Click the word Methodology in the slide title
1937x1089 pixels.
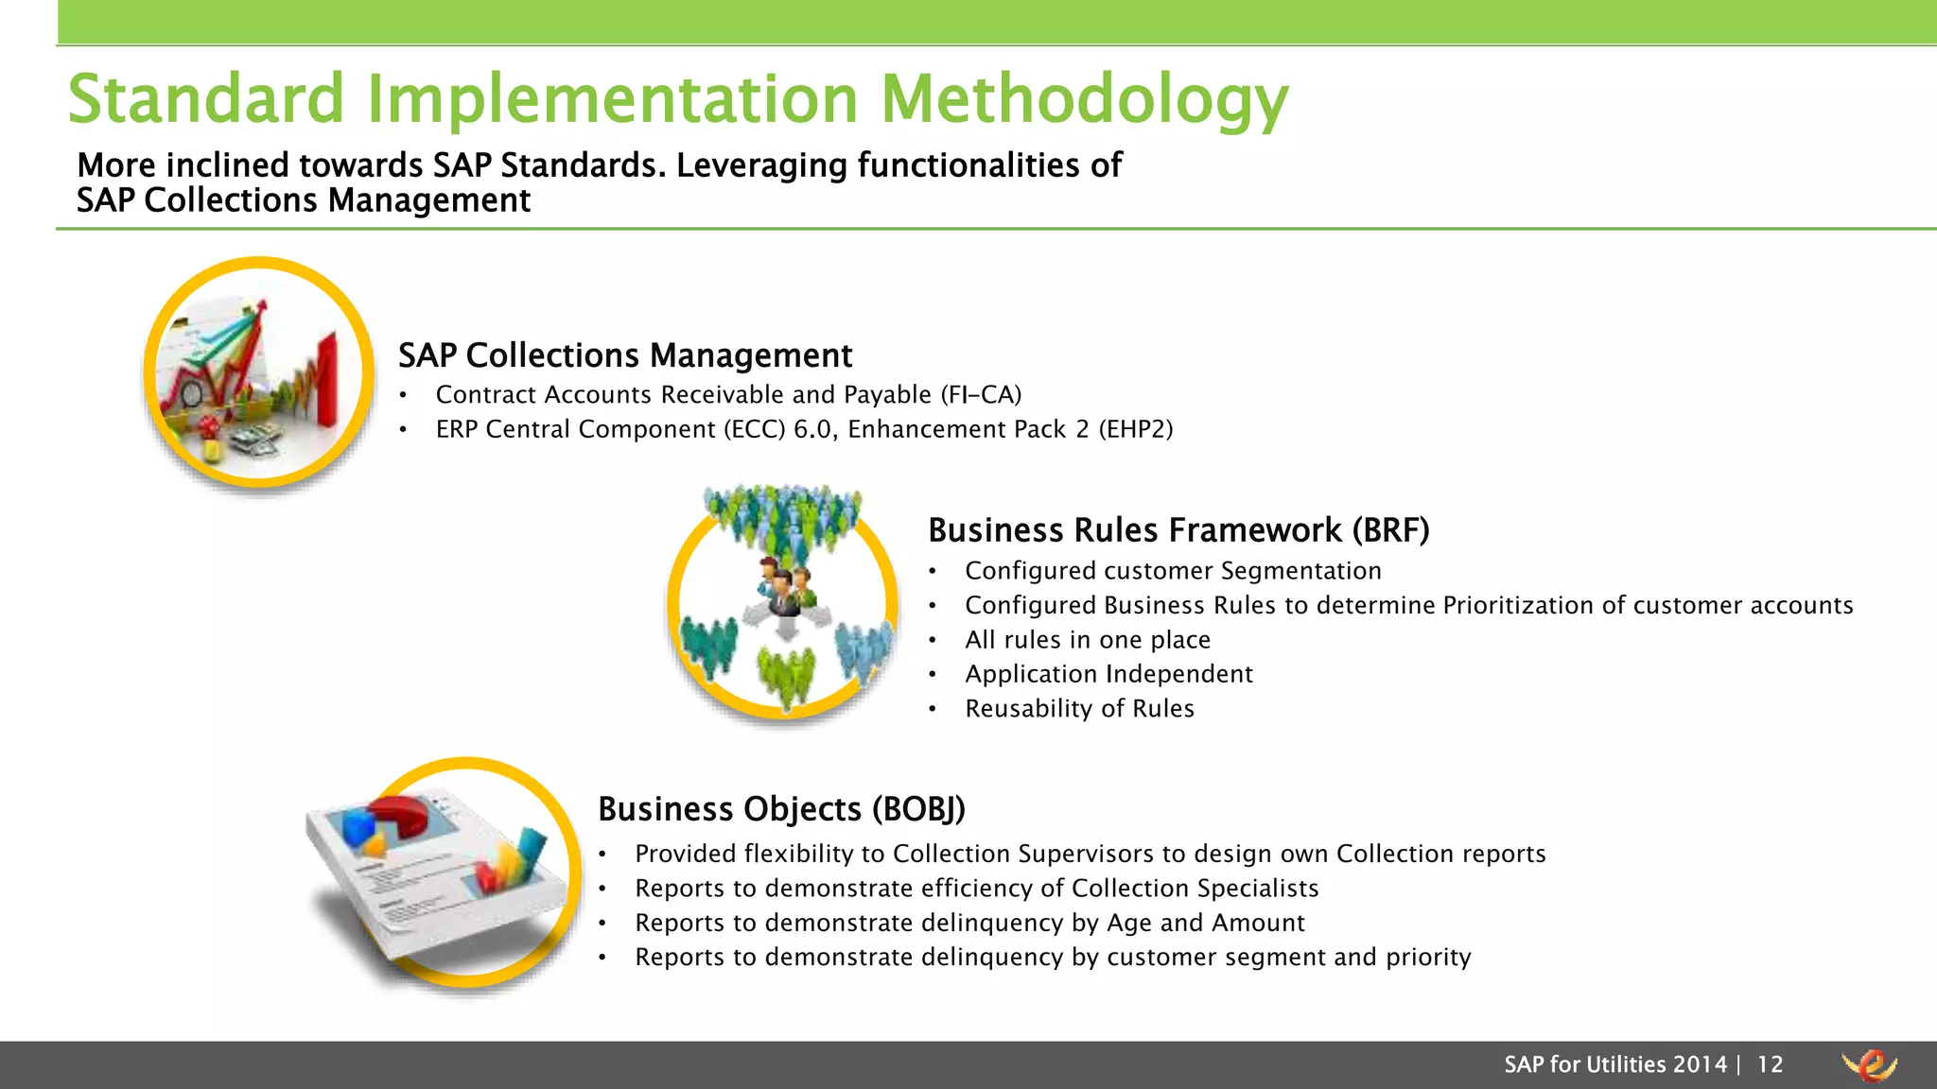(x=1084, y=99)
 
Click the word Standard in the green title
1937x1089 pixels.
(x=206, y=99)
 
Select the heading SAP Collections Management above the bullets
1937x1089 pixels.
(x=624, y=355)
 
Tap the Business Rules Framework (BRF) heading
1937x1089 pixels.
(x=1178, y=530)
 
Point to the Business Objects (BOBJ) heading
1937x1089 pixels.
(x=781, y=809)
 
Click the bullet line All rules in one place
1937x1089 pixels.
(x=1087, y=640)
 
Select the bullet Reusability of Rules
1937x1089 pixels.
(x=1079, y=709)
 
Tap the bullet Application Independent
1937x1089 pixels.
(x=1108, y=674)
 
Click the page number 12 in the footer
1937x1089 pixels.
(x=1770, y=1064)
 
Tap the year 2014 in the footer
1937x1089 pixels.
(x=1700, y=1064)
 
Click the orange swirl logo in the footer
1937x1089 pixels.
(x=1869, y=1065)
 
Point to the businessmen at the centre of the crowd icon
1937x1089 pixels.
(x=784, y=586)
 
